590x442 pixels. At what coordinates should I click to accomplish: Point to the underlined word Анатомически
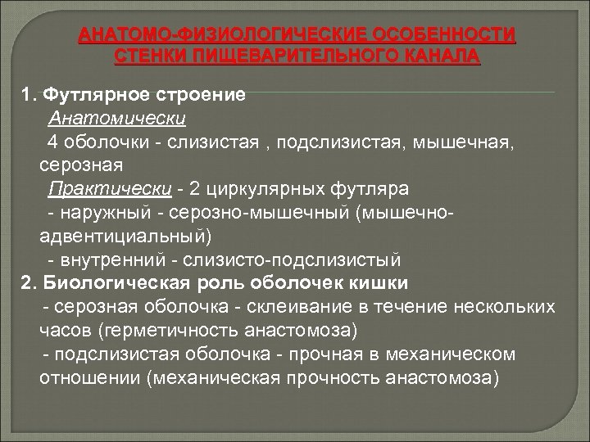[x=118, y=118]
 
